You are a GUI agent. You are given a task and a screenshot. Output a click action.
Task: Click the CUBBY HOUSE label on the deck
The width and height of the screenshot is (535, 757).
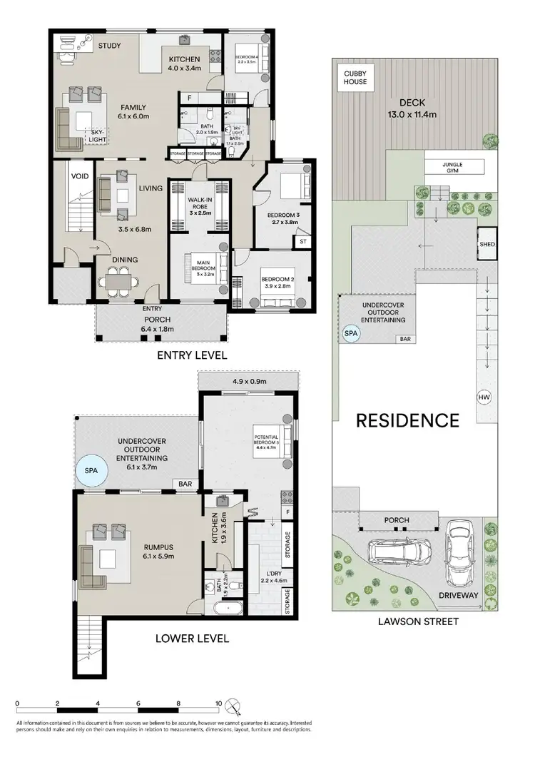pos(355,77)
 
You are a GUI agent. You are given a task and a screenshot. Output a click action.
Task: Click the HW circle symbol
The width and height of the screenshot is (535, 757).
pos(484,397)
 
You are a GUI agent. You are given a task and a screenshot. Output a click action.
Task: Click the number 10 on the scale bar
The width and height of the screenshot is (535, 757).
pos(217,702)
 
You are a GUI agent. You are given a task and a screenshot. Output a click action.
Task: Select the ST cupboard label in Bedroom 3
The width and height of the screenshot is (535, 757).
pos(302,241)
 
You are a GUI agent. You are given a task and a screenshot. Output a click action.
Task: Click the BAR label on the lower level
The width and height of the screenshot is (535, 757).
pos(185,484)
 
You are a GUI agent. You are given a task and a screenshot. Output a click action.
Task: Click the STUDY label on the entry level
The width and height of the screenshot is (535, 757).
pos(109,46)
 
